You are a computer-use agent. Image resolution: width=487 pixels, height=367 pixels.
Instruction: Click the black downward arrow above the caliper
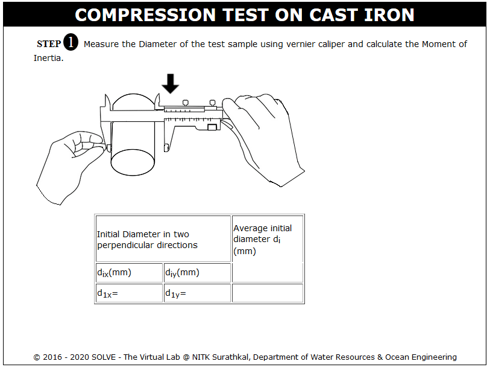coord(170,83)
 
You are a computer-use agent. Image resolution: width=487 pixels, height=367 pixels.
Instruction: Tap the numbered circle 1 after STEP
coord(71,42)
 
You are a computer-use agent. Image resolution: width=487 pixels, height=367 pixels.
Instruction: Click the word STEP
coord(49,44)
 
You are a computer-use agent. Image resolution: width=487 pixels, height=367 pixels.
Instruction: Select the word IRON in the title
coord(389,15)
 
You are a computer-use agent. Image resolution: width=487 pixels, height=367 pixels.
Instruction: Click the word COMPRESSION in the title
coord(145,15)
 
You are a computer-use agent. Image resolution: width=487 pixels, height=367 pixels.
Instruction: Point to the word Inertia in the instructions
coord(48,58)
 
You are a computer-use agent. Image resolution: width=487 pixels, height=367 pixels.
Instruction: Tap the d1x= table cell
coord(129,293)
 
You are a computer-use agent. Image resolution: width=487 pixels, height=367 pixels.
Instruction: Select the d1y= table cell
coord(197,293)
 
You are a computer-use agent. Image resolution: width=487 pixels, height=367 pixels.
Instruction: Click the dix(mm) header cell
coord(129,273)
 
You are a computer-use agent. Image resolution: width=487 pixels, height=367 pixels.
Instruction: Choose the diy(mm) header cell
coord(197,273)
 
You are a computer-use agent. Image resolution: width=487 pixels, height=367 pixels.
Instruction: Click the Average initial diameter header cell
coord(268,249)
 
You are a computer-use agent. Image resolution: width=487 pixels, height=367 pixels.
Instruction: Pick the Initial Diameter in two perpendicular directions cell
coord(163,239)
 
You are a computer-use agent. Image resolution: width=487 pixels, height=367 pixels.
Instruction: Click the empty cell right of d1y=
coord(268,293)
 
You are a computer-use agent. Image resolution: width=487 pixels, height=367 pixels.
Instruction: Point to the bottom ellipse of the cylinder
coord(133,162)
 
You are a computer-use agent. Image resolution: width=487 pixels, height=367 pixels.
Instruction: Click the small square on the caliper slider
coord(212,127)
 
